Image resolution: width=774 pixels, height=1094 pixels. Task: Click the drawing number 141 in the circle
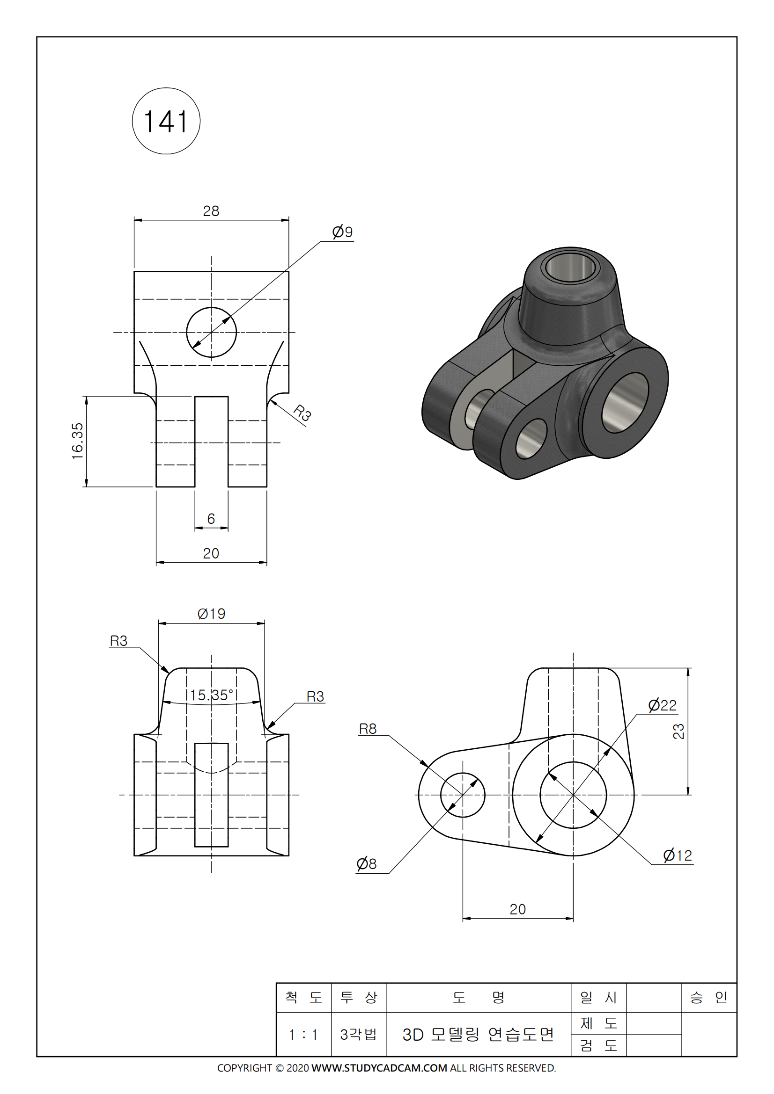coord(165,122)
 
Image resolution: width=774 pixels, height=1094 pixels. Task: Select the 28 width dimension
coord(211,211)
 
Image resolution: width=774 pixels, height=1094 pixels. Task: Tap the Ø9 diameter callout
coord(342,232)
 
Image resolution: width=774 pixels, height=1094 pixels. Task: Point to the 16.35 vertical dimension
coord(78,441)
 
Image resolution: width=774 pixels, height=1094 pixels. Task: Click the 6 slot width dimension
coord(211,518)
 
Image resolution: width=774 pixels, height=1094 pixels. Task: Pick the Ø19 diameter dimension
coord(211,614)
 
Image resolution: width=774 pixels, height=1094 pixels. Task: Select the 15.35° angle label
coord(212,695)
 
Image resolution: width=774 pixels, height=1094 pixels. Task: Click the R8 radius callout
coord(368,729)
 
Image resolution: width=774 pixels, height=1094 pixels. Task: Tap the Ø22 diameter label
coord(662,705)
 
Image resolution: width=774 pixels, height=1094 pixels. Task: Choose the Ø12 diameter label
coord(677,855)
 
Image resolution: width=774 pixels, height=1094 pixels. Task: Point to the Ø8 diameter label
coord(366,863)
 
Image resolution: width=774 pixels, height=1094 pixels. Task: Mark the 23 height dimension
coord(678,731)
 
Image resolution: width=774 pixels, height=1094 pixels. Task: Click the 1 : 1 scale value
coord(303,1035)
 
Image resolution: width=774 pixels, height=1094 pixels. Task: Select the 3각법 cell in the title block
coord(359,1035)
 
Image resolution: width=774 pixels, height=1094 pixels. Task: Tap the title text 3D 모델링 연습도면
coord(479,1035)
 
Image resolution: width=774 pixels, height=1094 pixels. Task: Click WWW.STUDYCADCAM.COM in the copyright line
coord(379,1068)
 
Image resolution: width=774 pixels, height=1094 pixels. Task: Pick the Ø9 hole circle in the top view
coord(211,332)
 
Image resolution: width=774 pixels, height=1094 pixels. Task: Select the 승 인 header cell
coord(708,997)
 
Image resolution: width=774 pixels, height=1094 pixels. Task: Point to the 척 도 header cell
coord(303,997)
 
